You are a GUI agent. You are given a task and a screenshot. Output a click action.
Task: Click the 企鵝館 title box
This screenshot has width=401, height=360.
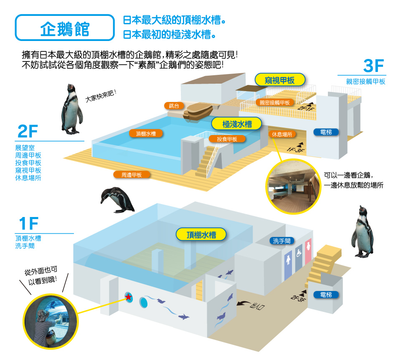65,28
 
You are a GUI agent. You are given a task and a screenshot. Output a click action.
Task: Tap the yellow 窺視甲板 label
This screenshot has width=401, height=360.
280,80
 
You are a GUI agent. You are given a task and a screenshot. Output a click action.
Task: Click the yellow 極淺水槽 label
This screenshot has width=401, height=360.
237,124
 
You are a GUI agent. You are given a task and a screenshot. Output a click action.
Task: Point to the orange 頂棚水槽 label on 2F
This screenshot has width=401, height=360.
146,134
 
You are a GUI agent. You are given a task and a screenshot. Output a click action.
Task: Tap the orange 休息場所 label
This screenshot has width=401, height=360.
282,134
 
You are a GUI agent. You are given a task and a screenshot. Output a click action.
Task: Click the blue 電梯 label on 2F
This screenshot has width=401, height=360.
326,132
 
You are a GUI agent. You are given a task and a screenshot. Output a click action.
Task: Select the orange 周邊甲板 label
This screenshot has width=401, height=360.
132,175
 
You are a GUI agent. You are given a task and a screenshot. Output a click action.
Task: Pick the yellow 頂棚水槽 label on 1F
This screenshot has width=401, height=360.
201,235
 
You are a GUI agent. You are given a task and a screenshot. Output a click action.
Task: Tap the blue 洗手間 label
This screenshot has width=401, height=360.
282,241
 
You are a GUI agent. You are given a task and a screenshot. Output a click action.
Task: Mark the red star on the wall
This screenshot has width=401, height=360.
128,297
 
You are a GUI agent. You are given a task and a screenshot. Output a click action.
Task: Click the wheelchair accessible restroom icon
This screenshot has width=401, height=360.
299,253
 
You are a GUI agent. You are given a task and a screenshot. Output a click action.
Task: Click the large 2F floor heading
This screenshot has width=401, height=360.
28,132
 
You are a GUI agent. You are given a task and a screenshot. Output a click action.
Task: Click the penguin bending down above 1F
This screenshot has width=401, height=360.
117,200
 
